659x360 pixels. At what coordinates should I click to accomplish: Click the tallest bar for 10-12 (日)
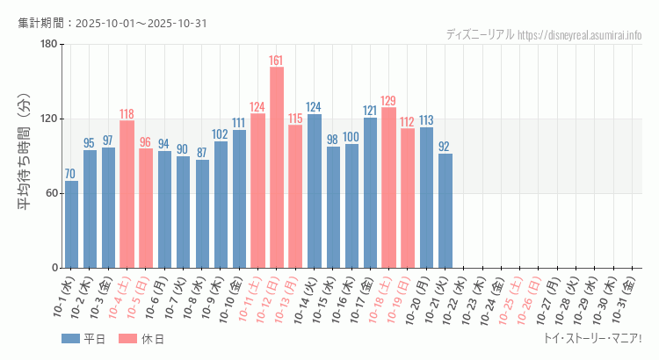(276, 167)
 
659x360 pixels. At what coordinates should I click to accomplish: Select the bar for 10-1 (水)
(71, 224)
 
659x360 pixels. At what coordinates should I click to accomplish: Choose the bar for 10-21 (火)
(445, 211)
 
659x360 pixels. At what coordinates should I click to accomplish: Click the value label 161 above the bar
(276, 61)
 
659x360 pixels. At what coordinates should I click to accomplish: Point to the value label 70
(71, 173)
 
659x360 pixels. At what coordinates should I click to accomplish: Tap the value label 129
(388, 101)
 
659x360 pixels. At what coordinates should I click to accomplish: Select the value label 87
(202, 152)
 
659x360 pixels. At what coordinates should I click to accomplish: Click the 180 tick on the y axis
(48, 45)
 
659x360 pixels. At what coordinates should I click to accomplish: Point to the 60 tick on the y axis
(51, 193)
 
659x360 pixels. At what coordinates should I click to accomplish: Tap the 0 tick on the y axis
(54, 268)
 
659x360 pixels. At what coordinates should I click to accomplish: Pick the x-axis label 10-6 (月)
(162, 298)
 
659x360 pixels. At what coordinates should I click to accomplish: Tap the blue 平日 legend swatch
(70, 339)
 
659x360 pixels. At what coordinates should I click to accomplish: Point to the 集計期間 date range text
(112, 23)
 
